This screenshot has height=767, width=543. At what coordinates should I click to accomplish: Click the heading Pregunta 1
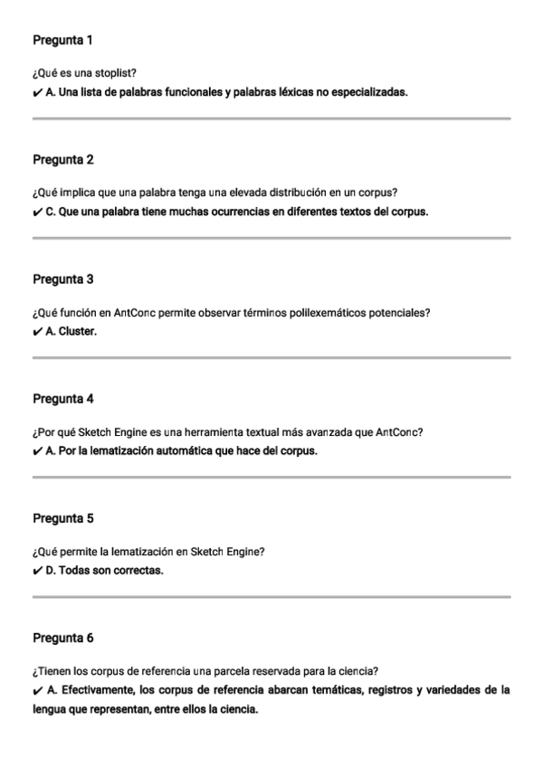click(x=62, y=41)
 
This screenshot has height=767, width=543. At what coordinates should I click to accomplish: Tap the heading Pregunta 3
click(x=62, y=279)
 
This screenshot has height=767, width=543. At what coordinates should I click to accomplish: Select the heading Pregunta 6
click(x=62, y=638)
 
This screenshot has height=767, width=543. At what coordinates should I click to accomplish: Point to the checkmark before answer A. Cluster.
click(x=37, y=331)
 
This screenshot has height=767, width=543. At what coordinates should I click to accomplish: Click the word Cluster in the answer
click(x=78, y=331)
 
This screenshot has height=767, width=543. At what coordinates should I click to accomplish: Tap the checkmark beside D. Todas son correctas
click(x=37, y=571)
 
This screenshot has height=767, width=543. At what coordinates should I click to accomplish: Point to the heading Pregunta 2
click(x=62, y=160)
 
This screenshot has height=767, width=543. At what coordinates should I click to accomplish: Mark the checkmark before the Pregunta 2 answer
click(x=37, y=212)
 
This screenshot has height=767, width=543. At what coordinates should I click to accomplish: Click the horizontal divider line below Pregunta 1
click(x=271, y=118)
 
